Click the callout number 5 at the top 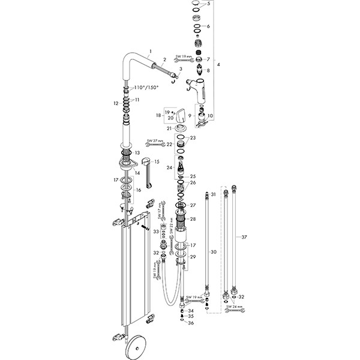point(209,4)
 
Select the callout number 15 point(158,162)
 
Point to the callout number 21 point(170,128)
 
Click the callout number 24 point(170,167)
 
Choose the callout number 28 point(193,219)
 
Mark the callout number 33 point(156,232)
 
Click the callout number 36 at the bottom point(191,323)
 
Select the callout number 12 point(115,104)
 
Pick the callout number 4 point(218,64)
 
